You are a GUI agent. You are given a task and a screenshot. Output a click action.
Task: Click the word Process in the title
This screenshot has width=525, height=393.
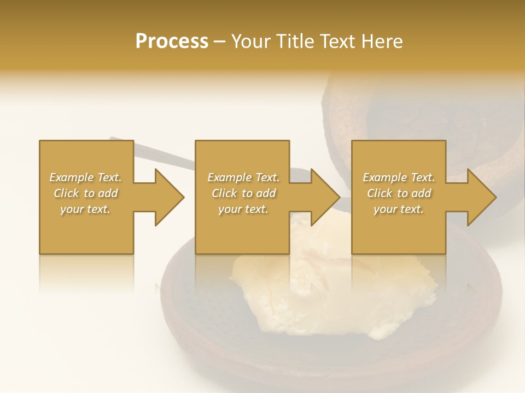(172, 41)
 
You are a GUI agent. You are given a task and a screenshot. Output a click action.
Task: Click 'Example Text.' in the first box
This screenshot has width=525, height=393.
(85, 177)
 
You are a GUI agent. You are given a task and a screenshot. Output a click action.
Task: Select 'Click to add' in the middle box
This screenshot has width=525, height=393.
(243, 193)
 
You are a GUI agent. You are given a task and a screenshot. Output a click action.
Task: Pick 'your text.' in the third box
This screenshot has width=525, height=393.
(399, 209)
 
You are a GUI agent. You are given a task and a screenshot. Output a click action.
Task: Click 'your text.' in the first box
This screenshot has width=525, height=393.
(85, 209)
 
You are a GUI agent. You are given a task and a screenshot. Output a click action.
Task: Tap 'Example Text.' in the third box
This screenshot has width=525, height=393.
(399, 177)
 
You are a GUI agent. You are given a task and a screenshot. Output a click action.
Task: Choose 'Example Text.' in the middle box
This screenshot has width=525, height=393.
(243, 177)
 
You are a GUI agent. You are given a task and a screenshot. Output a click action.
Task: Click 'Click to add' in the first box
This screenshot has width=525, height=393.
(85, 193)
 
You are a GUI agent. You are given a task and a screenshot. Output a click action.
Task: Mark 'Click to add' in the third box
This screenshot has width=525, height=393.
(399, 193)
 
